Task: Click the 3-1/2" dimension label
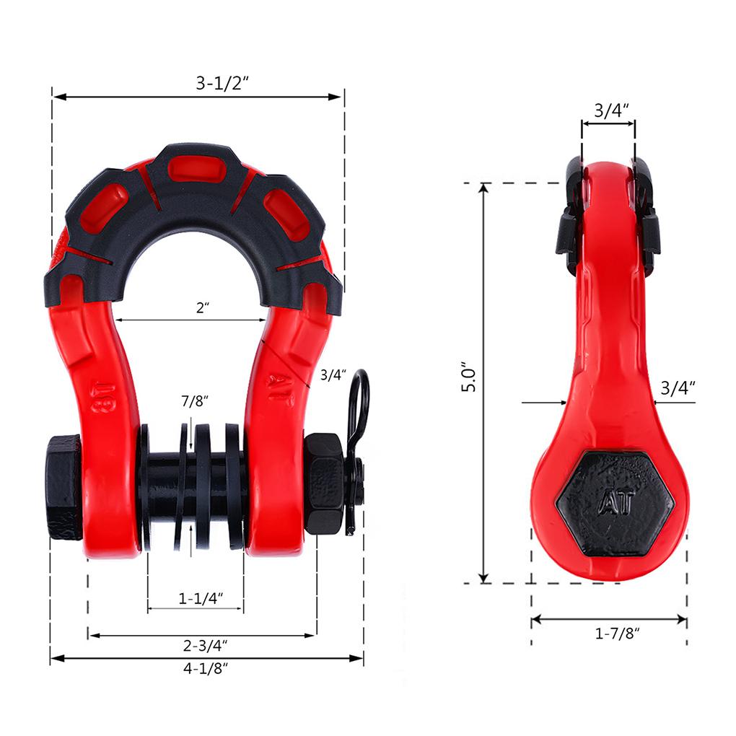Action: (222, 83)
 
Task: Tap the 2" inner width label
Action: (203, 307)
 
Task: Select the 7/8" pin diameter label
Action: (194, 401)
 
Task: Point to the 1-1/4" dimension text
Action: (201, 598)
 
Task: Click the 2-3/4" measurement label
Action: (205, 645)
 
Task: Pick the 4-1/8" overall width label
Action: (206, 668)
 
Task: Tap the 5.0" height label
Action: (468, 377)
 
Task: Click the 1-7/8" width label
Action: (617, 634)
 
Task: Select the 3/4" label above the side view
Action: (611, 110)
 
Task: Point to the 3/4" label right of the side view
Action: (678, 388)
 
